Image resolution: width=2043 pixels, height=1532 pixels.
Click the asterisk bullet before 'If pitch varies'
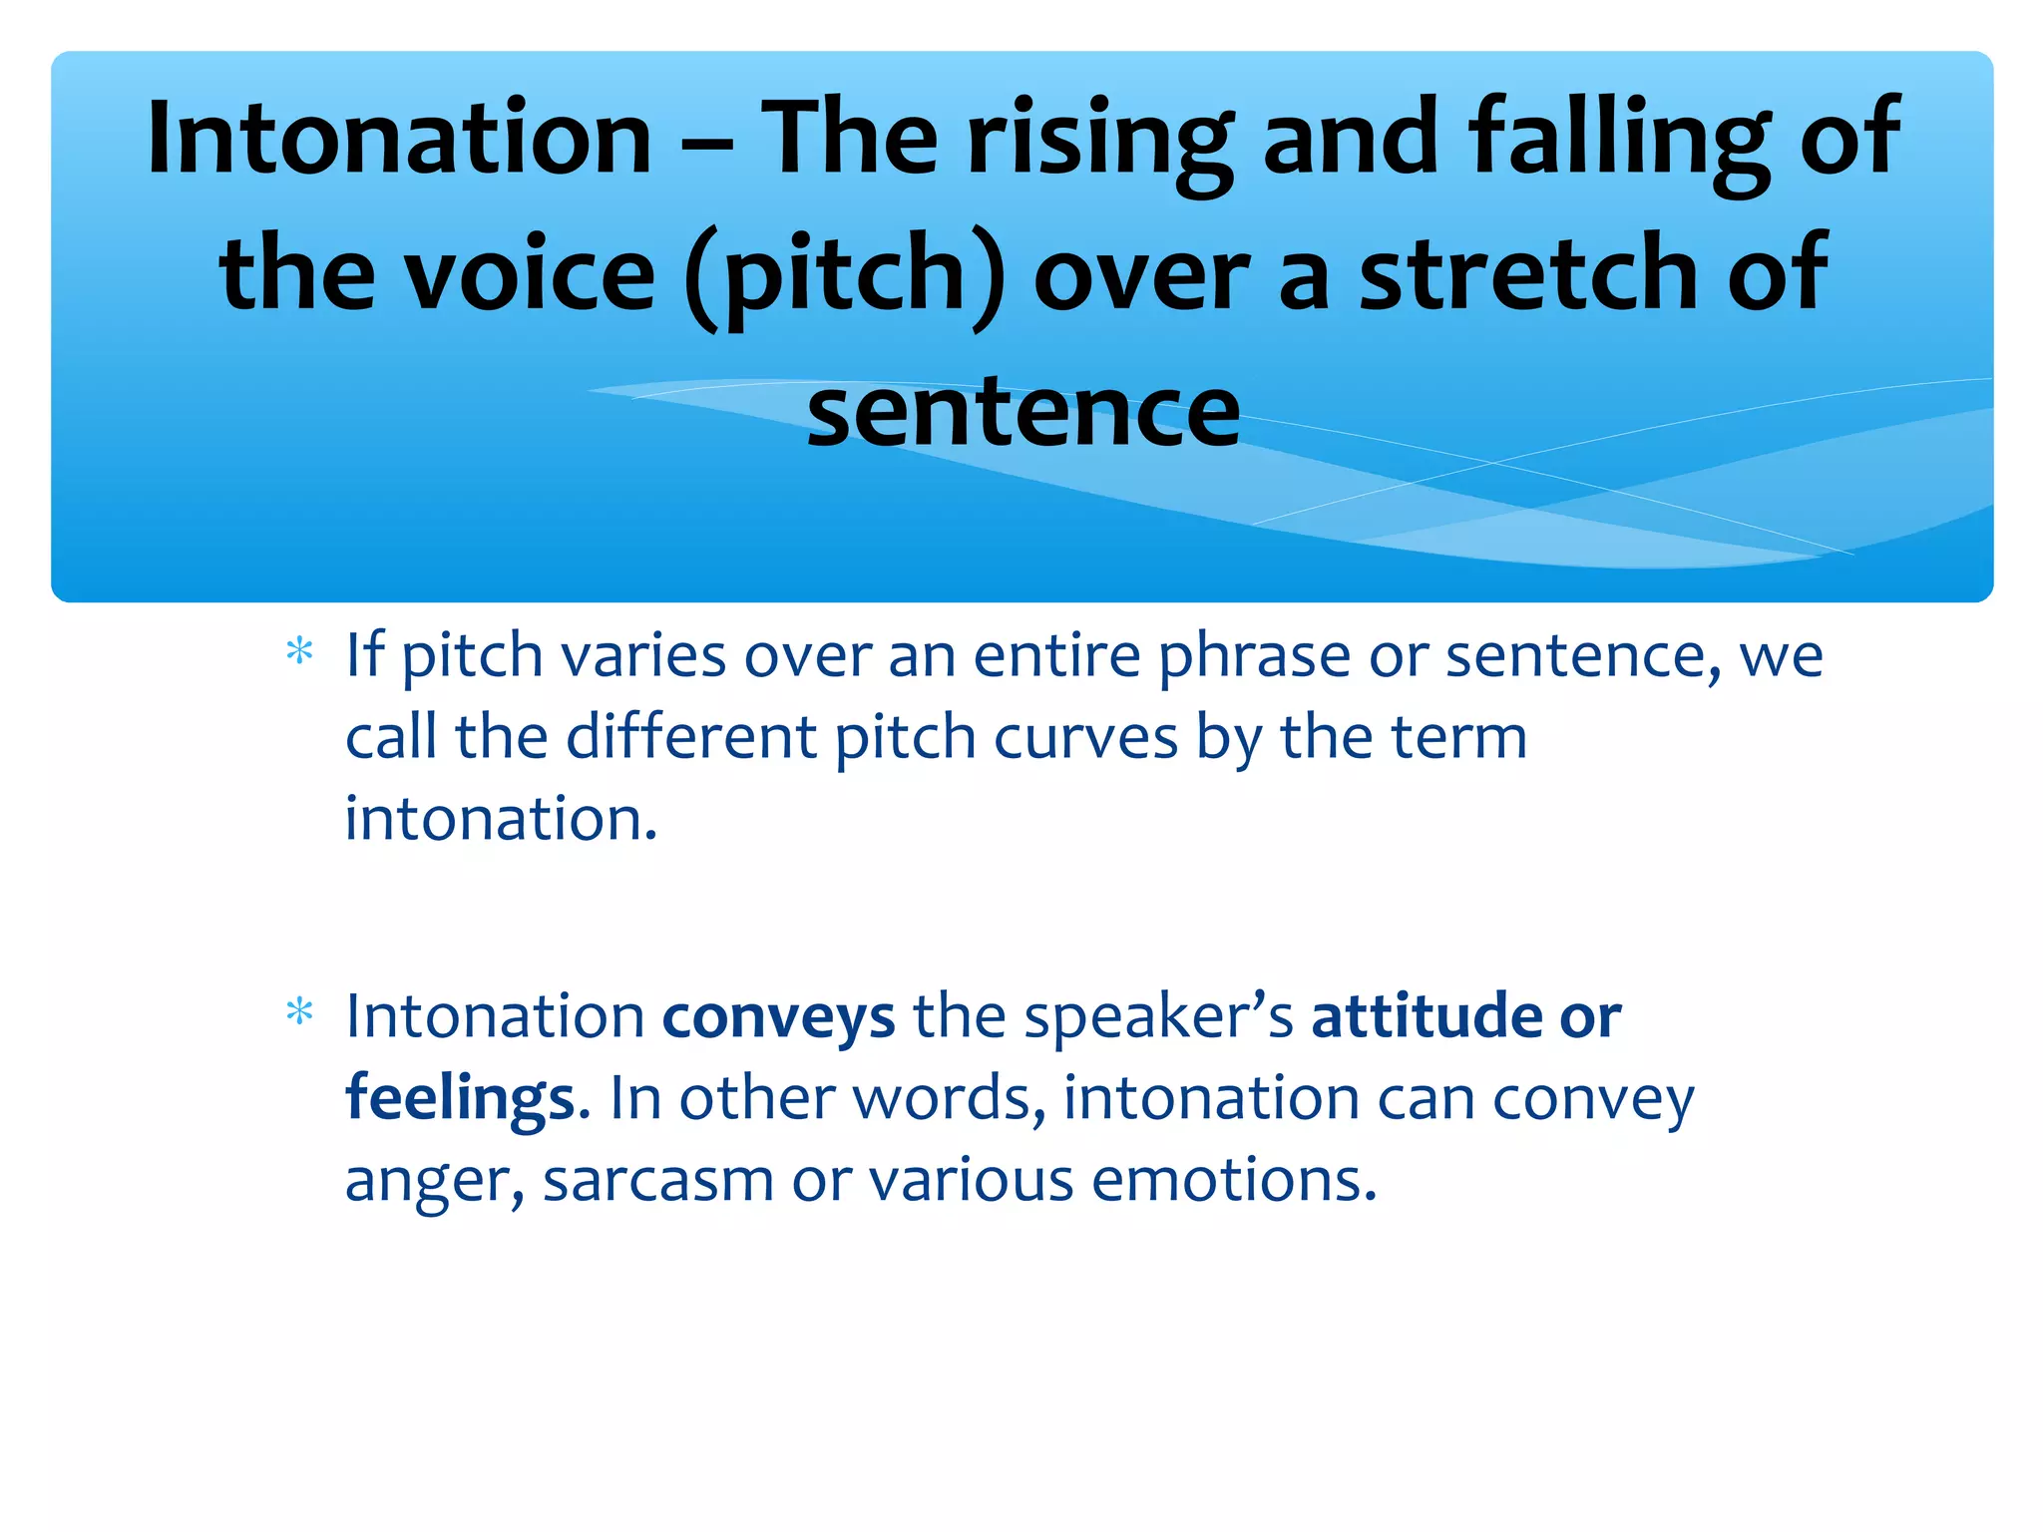[x=299, y=654]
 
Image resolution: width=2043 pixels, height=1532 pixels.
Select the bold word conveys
[x=778, y=1017]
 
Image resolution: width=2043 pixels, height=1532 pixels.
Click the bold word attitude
[x=1427, y=1016]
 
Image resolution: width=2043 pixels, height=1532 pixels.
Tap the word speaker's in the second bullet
[x=1158, y=1017]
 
